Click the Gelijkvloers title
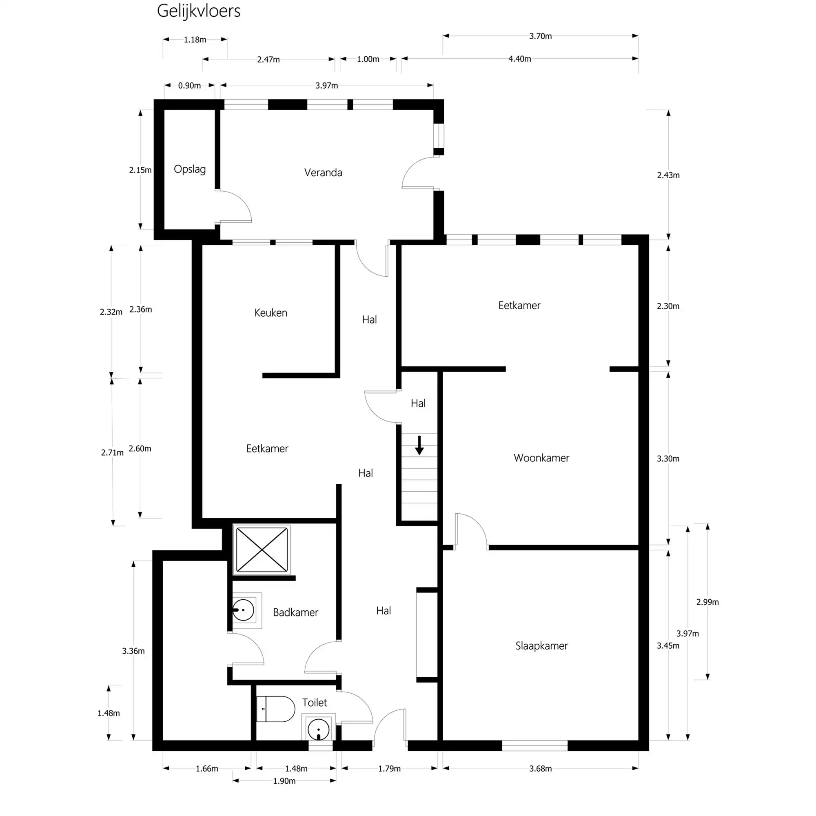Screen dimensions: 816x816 [199, 11]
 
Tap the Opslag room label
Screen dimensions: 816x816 [190, 169]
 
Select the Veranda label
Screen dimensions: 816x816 [323, 172]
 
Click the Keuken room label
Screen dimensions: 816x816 [271, 313]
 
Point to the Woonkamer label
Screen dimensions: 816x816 [541, 458]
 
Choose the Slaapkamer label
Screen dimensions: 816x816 [541, 646]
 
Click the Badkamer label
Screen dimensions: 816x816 [295, 612]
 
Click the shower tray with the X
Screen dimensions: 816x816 [262, 550]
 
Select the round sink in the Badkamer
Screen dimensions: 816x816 [244, 610]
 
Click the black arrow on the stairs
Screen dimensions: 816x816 [419, 446]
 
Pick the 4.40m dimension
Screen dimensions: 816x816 [519, 59]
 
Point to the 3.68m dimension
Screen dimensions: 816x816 [540, 769]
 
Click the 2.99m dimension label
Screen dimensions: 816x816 [707, 602]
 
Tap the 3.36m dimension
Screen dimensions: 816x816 [133, 651]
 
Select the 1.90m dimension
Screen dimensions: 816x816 [284, 781]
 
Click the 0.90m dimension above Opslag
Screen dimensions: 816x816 [189, 86]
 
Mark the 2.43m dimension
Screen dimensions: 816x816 [668, 175]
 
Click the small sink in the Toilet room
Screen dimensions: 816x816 [319, 730]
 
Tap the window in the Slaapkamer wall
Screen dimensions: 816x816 [534, 746]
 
